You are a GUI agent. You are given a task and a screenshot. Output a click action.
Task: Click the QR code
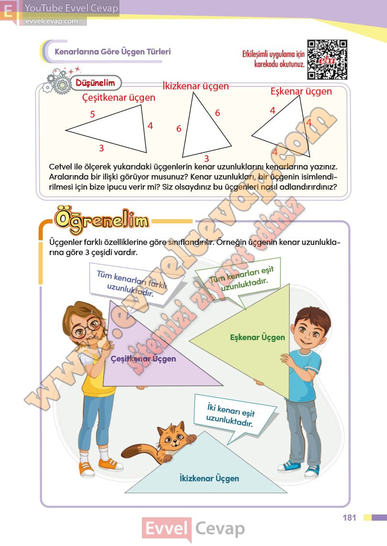327,59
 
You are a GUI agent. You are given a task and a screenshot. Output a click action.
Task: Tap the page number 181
349,517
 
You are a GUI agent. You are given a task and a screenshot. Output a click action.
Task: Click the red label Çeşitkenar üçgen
119,97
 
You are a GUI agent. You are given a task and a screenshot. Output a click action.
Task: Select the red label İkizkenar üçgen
195,86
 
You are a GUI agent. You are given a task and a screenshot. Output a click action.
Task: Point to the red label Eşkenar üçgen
301,91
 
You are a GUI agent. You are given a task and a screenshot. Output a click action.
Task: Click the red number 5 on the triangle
93,114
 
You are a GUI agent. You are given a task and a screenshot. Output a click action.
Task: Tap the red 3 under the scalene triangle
101,148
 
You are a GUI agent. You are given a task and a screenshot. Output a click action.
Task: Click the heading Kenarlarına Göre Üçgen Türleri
113,52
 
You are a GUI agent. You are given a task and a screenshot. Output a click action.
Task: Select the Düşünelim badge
96,83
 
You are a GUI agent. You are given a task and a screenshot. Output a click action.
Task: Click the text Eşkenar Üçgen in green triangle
258,337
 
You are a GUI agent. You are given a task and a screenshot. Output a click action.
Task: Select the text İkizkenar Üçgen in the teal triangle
209,478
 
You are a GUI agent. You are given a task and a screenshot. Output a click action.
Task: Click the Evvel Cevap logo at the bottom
193,529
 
